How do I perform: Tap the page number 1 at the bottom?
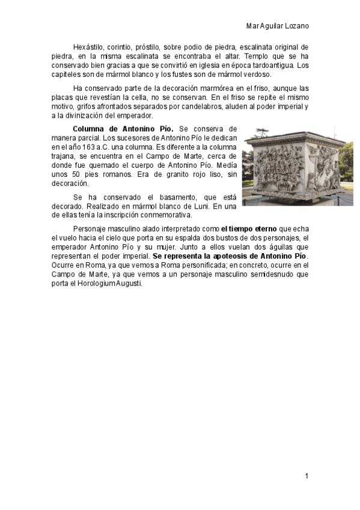click(x=307, y=476)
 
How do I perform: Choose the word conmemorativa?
click(x=164, y=215)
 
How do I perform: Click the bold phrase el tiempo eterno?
click(x=248, y=229)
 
